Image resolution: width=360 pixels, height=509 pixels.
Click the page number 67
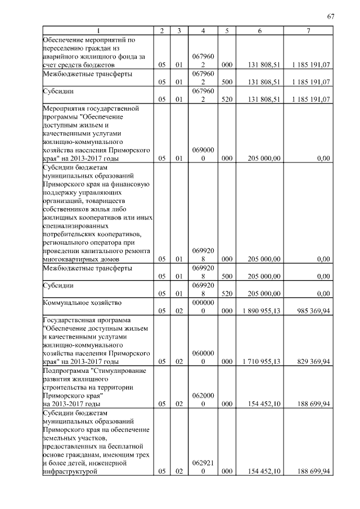pyautogui.click(x=330, y=16)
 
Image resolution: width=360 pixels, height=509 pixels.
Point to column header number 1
pyautogui.click(x=99, y=30)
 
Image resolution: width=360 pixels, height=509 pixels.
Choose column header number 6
pyautogui.click(x=259, y=30)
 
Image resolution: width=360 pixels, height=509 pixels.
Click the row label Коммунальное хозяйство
pyautogui.click(x=82, y=303)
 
